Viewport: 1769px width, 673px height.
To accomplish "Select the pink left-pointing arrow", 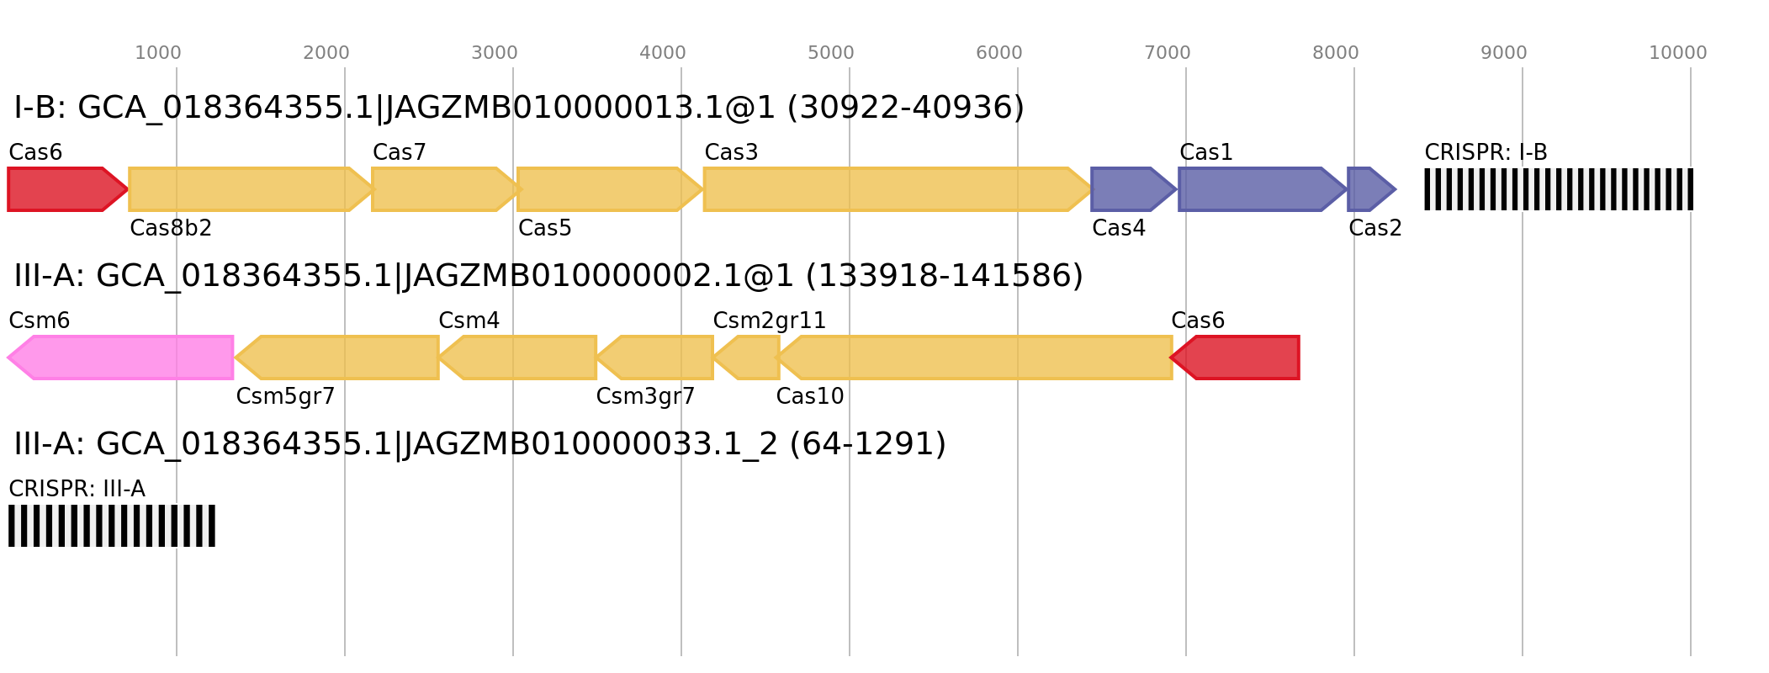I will point(122,358).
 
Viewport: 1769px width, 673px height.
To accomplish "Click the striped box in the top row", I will point(1558,189).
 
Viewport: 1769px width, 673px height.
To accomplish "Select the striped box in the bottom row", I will point(112,526).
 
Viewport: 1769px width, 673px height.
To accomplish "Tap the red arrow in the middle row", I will point(1237,358).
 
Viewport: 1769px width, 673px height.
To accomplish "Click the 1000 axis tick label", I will point(158,53).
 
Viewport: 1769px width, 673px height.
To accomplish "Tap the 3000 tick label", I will point(495,53).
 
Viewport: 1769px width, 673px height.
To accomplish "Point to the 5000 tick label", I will point(831,53).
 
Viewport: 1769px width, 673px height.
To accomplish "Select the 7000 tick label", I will point(1168,53).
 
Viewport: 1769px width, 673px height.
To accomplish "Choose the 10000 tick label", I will point(1677,53).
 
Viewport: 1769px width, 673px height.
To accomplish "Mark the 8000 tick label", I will point(1336,53).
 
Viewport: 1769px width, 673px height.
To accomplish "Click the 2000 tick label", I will point(326,53).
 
